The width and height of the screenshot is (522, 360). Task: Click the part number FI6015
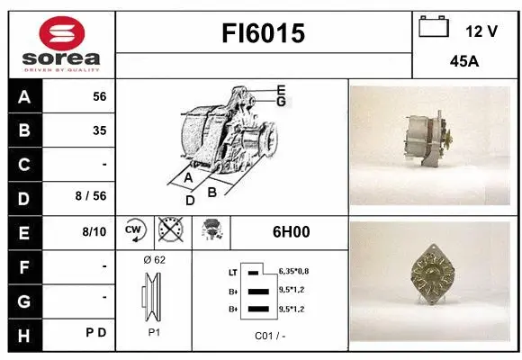pos(264,34)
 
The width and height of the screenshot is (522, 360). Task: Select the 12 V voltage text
pos(481,31)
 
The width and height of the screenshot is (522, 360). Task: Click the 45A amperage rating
pos(463,63)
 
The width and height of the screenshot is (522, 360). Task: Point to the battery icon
pos(434,27)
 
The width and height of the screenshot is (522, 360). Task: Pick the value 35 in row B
pos(99,130)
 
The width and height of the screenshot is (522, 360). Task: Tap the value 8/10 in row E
pos(94,231)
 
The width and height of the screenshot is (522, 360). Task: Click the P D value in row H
pos(97,332)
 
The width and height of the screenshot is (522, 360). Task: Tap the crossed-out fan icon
pos(168,231)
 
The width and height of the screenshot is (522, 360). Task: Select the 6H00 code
pos(291,231)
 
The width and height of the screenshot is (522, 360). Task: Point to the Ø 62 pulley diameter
pos(154,260)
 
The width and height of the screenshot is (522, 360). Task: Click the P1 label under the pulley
pos(154,332)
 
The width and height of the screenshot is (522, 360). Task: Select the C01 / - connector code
pos(270,337)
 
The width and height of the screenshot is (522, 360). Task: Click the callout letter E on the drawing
pos(281,90)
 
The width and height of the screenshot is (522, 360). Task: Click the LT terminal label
pos(232,271)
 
